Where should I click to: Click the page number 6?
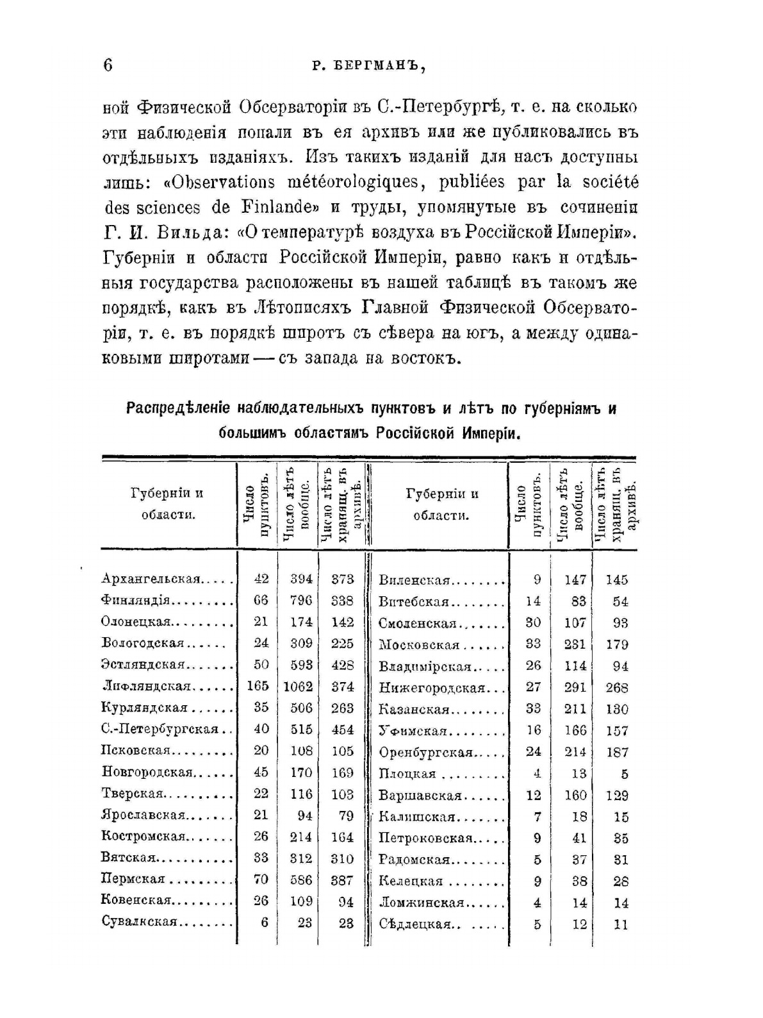coord(107,66)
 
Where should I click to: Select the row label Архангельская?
coord(152,579)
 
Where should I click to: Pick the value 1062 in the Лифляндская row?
coord(298,687)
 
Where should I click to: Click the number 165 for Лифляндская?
coord(258,687)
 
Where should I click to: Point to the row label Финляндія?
coord(135,601)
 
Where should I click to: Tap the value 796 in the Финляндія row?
coord(301,601)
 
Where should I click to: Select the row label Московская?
coord(419,644)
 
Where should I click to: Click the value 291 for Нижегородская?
coord(575,687)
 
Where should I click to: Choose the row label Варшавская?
coord(420,796)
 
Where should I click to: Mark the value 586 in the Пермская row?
coord(301,880)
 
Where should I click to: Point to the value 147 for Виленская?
coord(575,580)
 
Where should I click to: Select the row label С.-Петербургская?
coord(160,730)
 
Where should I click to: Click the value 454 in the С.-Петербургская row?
coord(343,730)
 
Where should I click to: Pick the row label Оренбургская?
coord(425,752)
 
